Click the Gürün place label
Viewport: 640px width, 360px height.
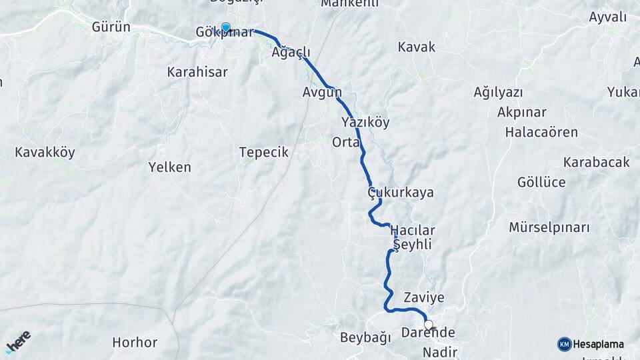click(x=110, y=28)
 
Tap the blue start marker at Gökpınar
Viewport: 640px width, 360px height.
click(x=225, y=28)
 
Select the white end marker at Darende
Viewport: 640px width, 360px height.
click(x=429, y=325)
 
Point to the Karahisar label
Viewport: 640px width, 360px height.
click(x=197, y=71)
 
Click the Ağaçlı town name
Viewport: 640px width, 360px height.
click(x=291, y=52)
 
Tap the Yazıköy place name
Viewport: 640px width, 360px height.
click(x=365, y=122)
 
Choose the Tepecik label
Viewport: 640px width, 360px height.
click(x=263, y=152)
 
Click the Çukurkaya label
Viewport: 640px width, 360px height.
click(x=400, y=192)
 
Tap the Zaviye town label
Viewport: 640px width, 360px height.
click(x=423, y=297)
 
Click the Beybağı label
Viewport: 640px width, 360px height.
click(x=365, y=337)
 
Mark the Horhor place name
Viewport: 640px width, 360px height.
click(x=135, y=343)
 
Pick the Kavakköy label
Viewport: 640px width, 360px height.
click(x=45, y=152)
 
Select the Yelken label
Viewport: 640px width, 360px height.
click(x=169, y=167)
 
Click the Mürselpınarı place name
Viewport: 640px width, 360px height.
click(x=549, y=227)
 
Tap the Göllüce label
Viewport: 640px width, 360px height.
click(x=541, y=182)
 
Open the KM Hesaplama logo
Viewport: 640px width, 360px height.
click(x=591, y=344)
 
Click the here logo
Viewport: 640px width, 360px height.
click(x=18, y=341)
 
